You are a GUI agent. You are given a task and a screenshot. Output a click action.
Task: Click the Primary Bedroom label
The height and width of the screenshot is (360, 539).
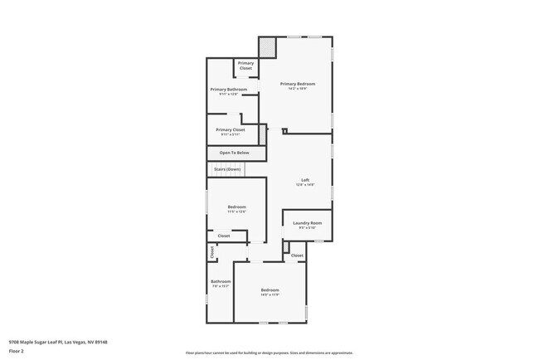298,84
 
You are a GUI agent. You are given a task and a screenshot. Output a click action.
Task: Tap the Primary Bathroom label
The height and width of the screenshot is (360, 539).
228,89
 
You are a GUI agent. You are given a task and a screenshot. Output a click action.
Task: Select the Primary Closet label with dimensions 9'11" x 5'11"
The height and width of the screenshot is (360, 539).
230,129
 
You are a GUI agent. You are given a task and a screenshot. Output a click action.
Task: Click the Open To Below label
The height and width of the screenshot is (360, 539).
234,153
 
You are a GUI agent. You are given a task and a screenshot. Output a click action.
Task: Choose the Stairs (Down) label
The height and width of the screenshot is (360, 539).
227,169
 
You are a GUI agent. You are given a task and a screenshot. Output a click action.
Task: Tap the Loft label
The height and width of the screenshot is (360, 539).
304,180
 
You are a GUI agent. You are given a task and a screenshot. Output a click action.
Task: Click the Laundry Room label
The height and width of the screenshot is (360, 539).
307,222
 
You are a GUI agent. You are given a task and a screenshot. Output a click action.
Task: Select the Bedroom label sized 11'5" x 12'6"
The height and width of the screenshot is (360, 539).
236,207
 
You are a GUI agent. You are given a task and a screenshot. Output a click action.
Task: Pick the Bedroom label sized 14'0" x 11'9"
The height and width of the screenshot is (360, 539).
269,289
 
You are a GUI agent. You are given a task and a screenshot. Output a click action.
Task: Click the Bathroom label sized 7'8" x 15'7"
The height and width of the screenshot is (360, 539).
220,281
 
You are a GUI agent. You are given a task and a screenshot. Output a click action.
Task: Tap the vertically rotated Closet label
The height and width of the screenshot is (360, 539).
211,253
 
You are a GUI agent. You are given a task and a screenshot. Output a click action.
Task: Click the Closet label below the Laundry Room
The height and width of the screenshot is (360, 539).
297,255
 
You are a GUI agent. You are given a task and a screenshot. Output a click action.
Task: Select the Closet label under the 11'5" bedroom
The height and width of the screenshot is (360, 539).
224,236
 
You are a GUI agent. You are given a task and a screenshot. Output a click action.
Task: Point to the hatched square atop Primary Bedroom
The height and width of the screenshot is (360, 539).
267,48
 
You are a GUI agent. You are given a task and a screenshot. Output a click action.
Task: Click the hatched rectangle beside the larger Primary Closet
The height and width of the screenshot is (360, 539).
263,134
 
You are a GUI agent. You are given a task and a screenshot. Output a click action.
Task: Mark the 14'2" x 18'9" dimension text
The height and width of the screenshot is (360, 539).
298,89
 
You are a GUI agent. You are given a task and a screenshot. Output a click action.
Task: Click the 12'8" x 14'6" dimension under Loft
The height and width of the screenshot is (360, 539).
304,185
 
